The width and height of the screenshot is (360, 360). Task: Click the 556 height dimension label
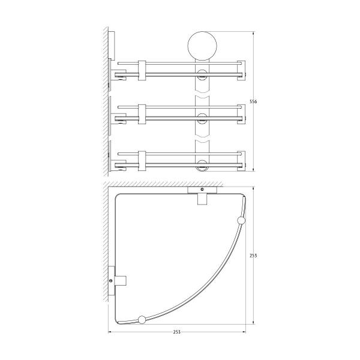tap(253, 102)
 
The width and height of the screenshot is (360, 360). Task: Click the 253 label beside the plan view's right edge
tap(253, 256)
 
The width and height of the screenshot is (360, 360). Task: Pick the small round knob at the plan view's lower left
tap(142, 319)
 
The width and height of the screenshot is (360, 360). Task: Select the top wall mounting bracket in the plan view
tap(202, 194)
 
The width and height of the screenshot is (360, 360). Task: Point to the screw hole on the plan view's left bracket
tap(112, 280)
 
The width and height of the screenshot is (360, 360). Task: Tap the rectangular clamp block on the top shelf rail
tap(142, 70)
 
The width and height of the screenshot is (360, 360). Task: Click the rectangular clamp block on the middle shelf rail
tap(142, 114)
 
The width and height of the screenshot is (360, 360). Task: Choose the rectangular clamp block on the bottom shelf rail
tap(142, 160)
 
